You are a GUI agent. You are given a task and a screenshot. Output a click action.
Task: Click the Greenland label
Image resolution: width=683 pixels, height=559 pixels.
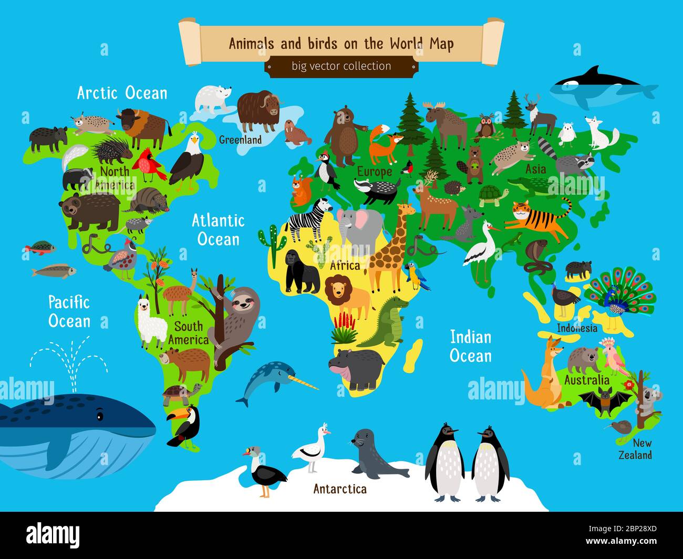pos(240,140)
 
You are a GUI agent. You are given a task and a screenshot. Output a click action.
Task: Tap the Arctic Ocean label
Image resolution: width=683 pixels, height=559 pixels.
pos(122,93)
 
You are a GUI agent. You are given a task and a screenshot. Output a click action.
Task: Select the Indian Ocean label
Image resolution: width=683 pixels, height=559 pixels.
pos(471,346)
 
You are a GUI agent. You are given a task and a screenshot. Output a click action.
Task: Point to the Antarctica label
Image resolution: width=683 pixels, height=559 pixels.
pos(340,489)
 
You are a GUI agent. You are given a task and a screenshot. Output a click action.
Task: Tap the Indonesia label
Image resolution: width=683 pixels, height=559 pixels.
pos(577,328)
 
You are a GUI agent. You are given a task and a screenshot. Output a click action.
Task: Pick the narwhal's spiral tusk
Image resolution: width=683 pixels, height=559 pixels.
pos(305,383)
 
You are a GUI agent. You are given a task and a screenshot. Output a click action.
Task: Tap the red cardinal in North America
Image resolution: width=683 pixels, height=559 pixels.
pos(149,164)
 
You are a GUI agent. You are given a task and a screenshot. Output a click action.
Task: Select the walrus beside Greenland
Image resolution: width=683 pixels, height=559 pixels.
pos(296,133)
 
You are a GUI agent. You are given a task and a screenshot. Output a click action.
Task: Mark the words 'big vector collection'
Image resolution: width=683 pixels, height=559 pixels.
pos(341,66)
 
